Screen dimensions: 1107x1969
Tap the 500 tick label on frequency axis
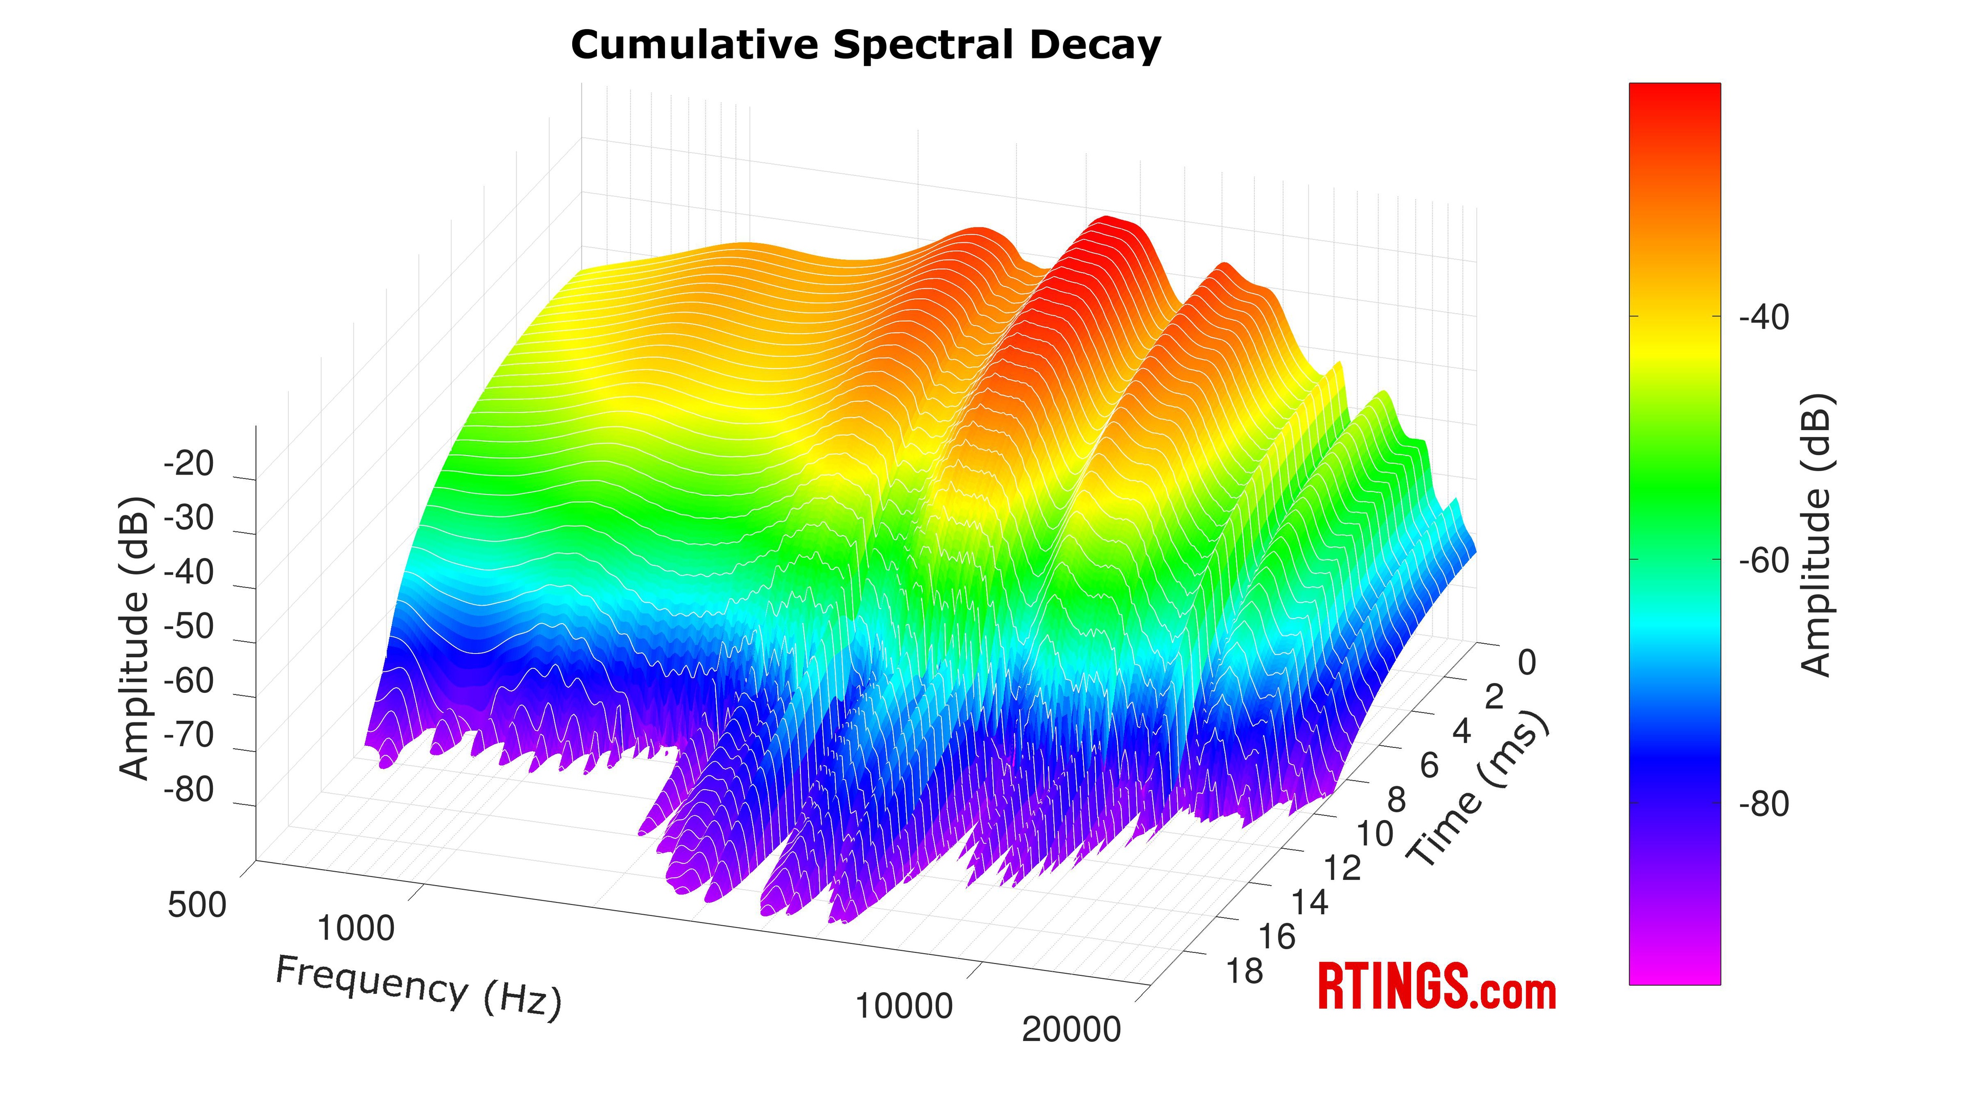coord(197,906)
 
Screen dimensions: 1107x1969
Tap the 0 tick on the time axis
coord(1526,663)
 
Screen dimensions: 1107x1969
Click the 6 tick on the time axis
coord(1430,766)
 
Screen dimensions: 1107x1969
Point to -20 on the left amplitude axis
coord(188,464)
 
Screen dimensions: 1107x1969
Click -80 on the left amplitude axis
coord(188,790)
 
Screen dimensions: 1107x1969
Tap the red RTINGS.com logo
coord(1437,988)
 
